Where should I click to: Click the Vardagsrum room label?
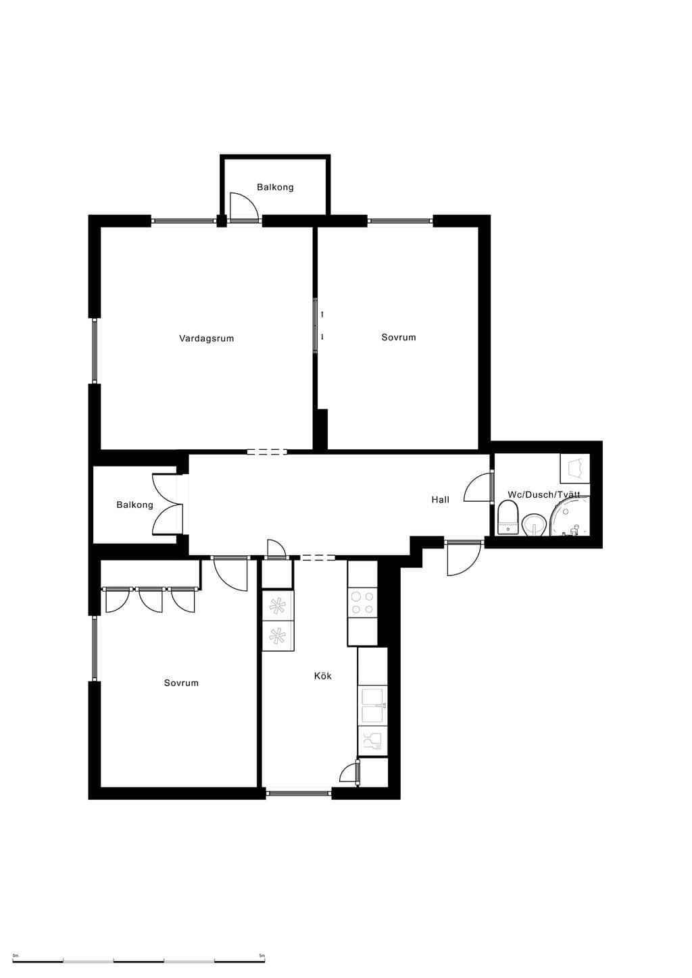(x=206, y=338)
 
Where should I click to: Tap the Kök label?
(x=323, y=676)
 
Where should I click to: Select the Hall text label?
(x=440, y=500)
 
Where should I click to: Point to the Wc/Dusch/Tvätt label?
(x=543, y=494)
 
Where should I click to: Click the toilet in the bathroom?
(x=508, y=517)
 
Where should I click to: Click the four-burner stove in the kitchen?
(x=362, y=602)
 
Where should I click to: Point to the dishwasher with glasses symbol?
(x=372, y=741)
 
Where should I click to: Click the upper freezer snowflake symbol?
(x=277, y=605)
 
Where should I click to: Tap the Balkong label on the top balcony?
(x=275, y=187)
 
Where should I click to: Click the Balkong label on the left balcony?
(x=134, y=505)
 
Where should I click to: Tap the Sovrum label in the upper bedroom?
(x=399, y=338)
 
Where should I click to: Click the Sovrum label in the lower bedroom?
(x=181, y=683)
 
